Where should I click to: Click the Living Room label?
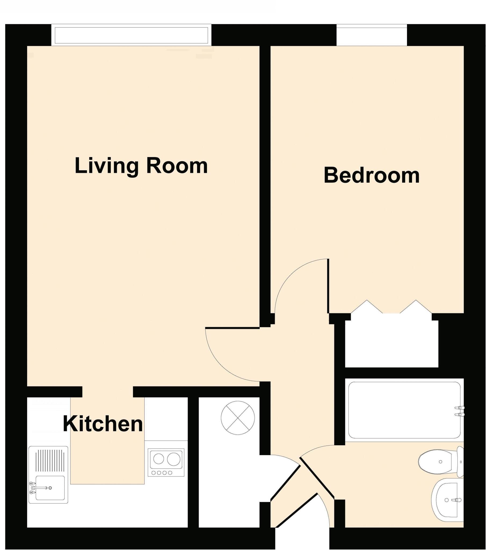[141, 166]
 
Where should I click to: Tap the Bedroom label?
[371, 176]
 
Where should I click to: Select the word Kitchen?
[103, 424]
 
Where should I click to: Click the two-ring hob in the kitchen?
[166, 462]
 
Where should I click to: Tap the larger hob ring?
[173, 459]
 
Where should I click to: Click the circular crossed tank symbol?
[238, 418]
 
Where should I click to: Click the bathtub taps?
[460, 411]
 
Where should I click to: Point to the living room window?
[131, 35]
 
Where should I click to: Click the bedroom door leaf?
[328, 286]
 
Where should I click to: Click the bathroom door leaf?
[317, 476]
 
